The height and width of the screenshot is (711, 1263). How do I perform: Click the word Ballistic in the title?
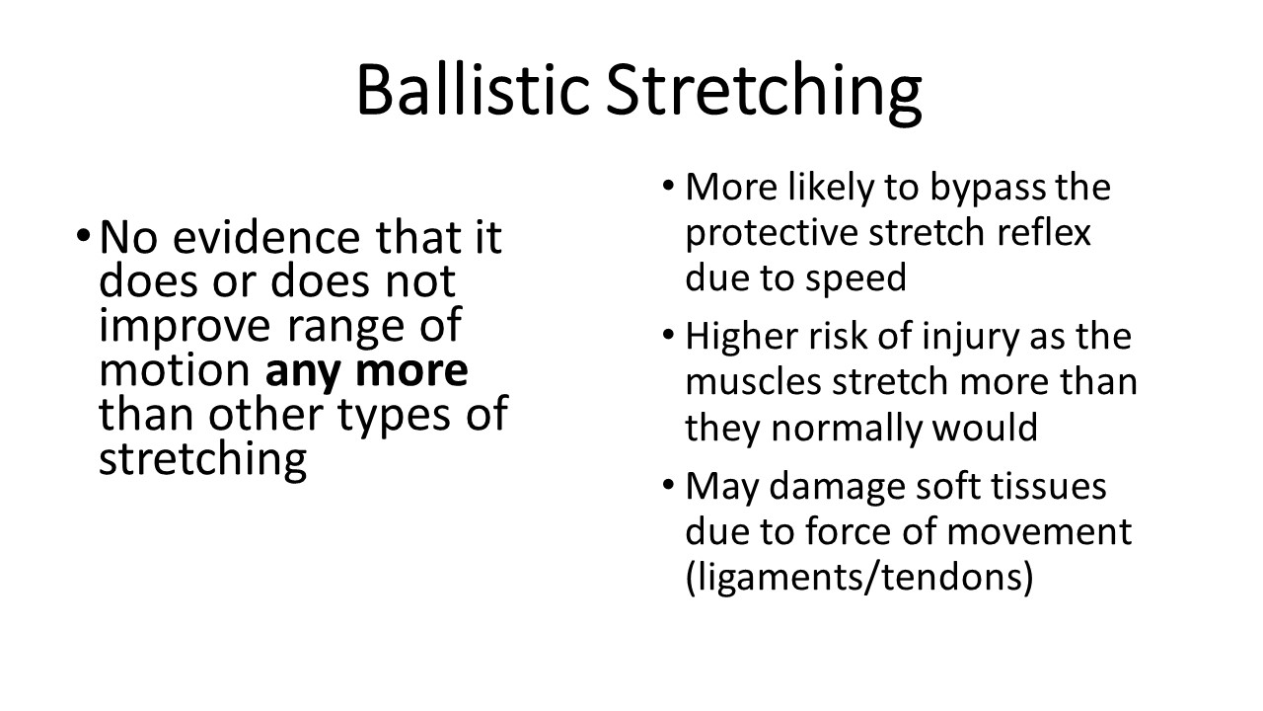click(x=474, y=89)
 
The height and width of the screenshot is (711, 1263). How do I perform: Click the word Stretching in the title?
click(x=764, y=93)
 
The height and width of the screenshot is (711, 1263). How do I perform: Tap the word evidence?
click(x=266, y=237)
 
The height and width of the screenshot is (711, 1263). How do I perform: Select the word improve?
click(x=185, y=327)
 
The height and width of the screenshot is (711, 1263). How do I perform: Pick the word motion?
click(x=175, y=370)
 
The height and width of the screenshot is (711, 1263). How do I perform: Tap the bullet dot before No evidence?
click(x=83, y=235)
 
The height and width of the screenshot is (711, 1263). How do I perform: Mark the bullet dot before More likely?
click(x=668, y=186)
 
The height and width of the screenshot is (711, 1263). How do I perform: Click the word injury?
click(x=970, y=338)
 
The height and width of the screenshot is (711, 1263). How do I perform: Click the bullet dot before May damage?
click(x=668, y=485)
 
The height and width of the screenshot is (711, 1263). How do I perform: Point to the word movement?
click(x=1039, y=532)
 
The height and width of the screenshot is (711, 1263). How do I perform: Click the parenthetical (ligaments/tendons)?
click(x=859, y=578)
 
